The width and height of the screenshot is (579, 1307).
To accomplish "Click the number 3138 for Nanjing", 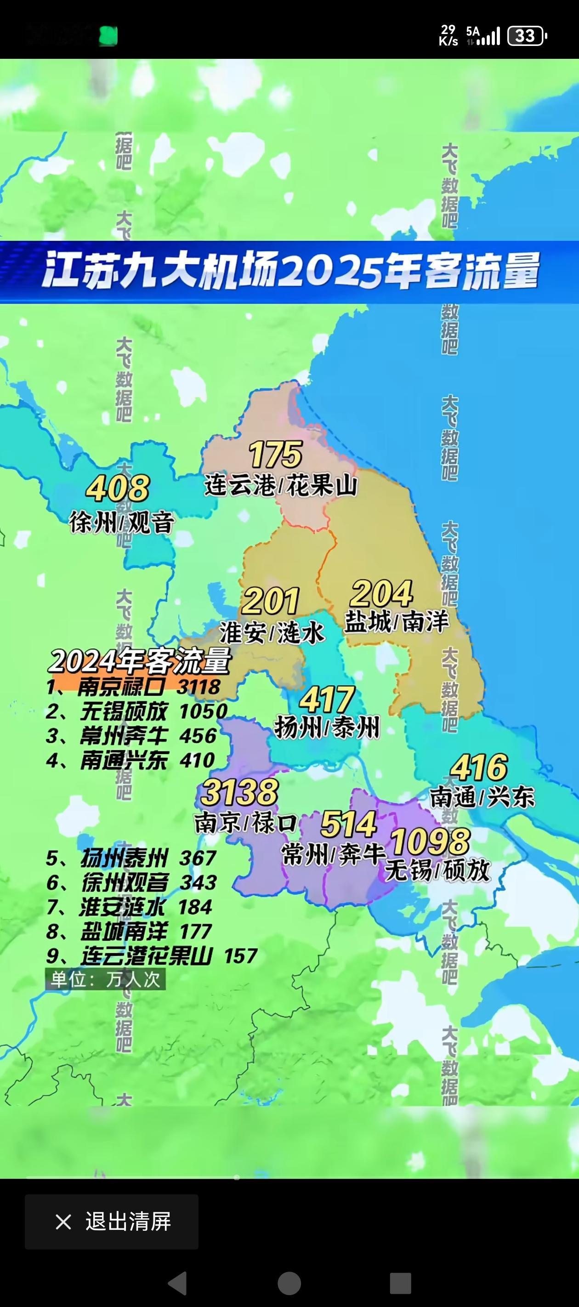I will click(x=239, y=793).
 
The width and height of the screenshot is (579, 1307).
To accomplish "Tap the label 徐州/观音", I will click(x=122, y=523).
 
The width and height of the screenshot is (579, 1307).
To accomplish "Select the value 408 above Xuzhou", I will click(x=118, y=488).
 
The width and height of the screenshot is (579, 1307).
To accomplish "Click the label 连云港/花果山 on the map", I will click(x=281, y=486).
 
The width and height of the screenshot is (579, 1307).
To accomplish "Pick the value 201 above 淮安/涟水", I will click(x=271, y=601).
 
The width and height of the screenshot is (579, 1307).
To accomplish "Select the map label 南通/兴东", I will click(x=482, y=797).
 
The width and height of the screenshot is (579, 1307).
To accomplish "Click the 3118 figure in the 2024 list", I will click(x=199, y=687).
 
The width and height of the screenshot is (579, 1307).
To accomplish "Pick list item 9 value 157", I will click(x=240, y=956).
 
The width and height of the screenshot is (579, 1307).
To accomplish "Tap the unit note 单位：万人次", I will click(x=106, y=979).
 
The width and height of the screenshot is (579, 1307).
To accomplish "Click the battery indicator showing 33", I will click(x=527, y=36).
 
